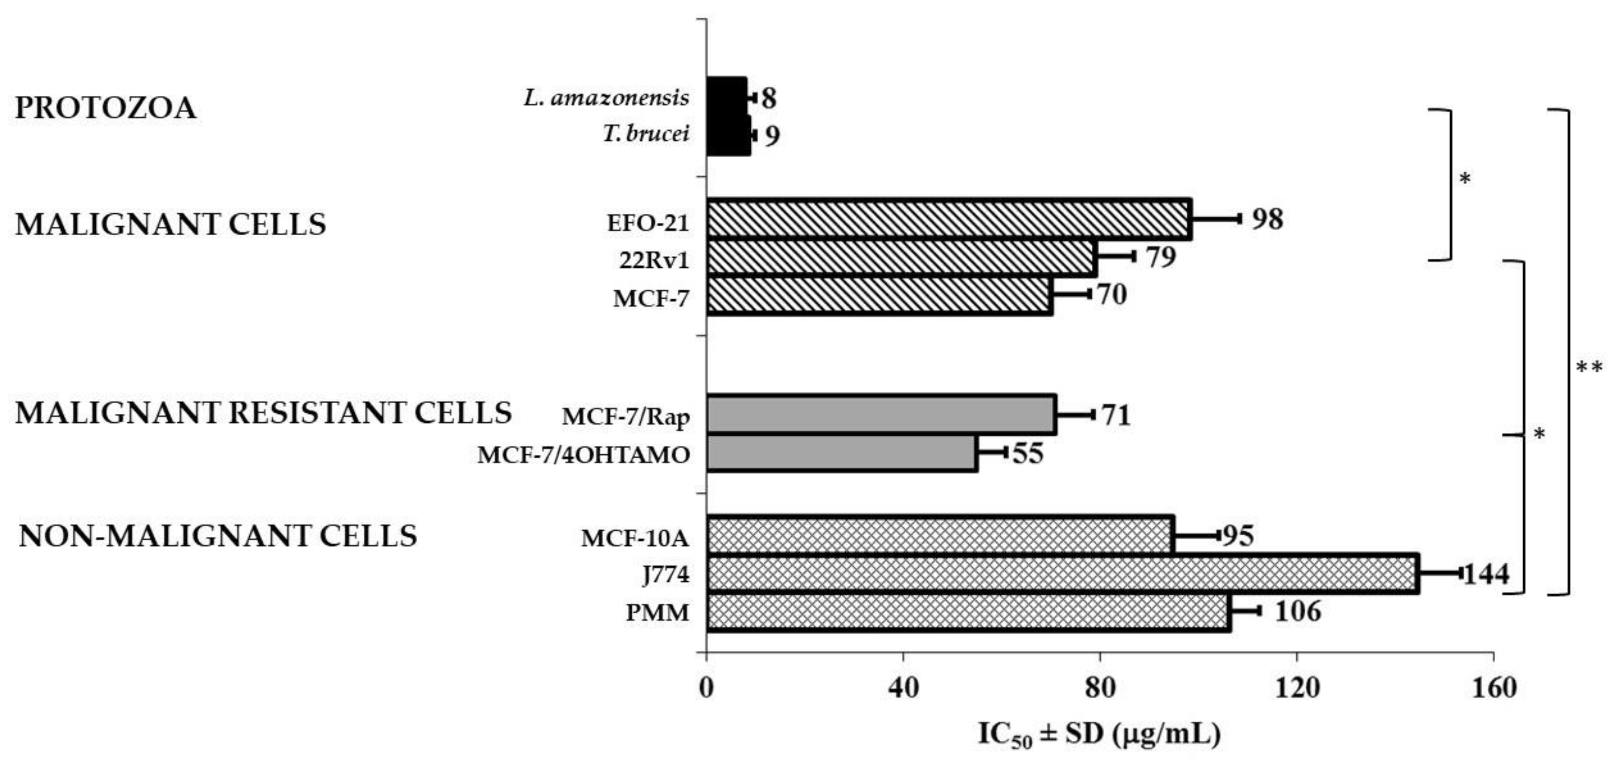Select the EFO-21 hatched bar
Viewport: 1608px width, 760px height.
[949, 220]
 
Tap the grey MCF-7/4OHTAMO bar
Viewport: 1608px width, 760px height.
[842, 453]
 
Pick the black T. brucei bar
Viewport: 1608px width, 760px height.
[728, 135]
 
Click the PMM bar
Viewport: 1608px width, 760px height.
[967, 612]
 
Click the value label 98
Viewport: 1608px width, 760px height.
[1267, 219]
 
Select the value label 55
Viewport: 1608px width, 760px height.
[1028, 454]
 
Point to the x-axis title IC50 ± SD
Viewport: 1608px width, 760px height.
[1098, 735]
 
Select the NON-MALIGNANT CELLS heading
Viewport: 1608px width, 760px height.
[218, 536]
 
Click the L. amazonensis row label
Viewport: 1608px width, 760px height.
[607, 98]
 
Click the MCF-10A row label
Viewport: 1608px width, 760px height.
[635, 538]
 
